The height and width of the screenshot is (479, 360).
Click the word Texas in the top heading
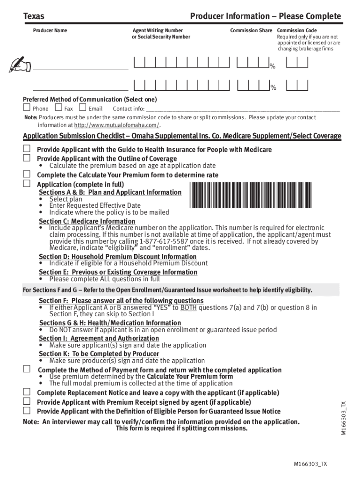point(34,17)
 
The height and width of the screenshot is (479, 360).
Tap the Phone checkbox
point(27,108)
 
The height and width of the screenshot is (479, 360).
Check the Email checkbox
point(83,108)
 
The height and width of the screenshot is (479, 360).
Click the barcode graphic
point(250,194)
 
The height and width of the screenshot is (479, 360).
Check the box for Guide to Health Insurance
point(27,149)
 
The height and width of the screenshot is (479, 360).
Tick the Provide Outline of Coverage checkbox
point(27,158)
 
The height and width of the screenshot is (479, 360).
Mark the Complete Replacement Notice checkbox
point(27,392)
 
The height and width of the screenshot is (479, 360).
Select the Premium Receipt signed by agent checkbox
point(27,401)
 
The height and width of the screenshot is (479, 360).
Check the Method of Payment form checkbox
point(27,370)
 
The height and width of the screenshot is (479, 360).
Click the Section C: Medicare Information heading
point(87,221)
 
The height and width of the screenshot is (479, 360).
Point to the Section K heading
point(99,354)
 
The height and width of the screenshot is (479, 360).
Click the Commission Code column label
point(296,30)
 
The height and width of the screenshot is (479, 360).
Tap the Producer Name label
point(50,30)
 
